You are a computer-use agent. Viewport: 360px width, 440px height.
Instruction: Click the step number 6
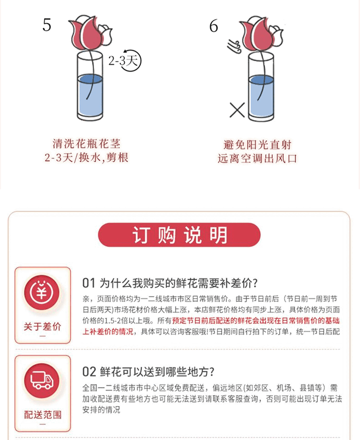coord(214,26)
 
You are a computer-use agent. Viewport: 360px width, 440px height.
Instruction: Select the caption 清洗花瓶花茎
coord(86,144)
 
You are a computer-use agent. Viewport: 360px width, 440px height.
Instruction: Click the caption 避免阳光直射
coord(257,145)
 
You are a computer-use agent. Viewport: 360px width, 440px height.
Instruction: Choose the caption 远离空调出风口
coord(257,159)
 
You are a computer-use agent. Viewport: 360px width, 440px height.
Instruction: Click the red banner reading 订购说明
coord(179,235)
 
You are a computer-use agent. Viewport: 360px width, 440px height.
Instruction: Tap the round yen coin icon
coord(42,293)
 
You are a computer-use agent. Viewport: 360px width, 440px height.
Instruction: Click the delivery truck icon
coord(42,380)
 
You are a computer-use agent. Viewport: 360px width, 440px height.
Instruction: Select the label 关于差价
coord(42,327)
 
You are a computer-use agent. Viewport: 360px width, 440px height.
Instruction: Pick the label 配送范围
coord(42,415)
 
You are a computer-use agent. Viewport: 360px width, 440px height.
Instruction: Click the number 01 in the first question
coord(89,283)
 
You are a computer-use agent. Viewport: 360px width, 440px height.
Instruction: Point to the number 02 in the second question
coord(89,372)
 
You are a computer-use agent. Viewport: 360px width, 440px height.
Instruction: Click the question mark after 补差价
coord(255,283)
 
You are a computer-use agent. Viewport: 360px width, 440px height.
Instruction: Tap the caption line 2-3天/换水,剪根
coord(86,158)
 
